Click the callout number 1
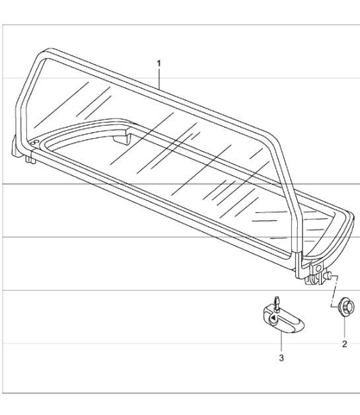click(159, 63)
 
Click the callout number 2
click(344, 344)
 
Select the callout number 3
click(281, 358)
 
